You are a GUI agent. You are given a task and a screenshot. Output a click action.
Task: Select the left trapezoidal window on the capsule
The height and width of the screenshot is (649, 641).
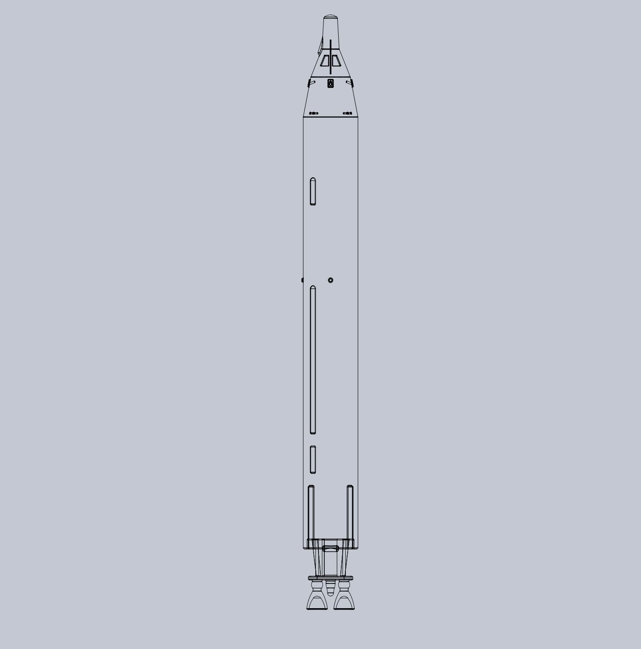324,61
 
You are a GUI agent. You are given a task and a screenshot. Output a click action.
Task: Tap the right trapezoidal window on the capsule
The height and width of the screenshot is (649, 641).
336,61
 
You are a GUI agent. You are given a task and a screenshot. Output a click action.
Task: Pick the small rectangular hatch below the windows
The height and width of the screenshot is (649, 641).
331,83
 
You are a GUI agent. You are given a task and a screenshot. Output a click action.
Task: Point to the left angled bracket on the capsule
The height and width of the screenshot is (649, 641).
310,83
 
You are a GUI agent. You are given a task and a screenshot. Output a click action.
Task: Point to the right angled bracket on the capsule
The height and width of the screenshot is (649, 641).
350,83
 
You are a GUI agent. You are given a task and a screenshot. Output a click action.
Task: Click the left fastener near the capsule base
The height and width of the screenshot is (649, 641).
314,113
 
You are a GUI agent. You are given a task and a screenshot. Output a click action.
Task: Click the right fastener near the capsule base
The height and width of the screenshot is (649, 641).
348,113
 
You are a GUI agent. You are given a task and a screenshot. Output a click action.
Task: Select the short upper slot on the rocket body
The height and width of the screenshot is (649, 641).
313,191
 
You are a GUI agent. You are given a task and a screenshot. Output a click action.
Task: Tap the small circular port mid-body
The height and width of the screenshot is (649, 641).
331,280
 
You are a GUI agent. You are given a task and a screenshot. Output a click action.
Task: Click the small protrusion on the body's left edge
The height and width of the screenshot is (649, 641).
302,280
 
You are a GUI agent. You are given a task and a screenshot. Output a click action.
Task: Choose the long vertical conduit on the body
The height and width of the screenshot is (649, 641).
313,359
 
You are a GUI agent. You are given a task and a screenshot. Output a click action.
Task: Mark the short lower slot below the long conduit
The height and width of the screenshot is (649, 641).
313,459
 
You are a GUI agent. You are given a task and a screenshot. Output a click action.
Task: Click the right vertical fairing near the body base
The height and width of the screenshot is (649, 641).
350,512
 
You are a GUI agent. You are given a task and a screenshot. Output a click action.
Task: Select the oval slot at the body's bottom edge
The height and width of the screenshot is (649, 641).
331,548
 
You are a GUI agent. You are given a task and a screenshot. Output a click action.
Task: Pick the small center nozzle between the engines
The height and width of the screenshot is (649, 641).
331,588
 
